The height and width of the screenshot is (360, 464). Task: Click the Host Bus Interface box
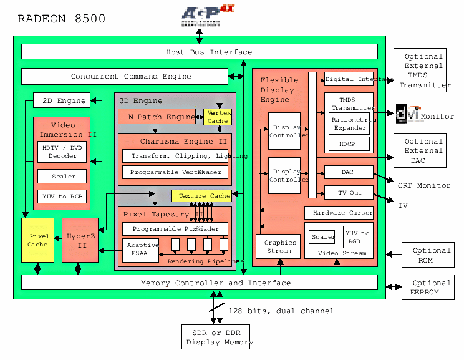click(200, 52)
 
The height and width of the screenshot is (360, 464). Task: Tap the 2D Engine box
click(62, 100)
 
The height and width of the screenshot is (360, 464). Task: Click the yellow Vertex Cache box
click(218, 117)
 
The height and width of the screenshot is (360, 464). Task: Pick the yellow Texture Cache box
click(201, 196)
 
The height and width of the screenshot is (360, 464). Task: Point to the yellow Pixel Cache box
click(38, 240)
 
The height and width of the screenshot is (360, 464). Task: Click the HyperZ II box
click(80, 240)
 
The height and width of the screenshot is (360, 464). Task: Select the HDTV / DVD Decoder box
click(62, 152)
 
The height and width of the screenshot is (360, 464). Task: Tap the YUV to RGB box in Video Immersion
click(62, 197)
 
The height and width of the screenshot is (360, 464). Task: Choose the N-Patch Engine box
click(160, 117)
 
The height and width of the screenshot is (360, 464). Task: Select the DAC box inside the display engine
click(349, 172)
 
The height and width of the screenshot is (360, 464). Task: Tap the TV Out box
click(349, 192)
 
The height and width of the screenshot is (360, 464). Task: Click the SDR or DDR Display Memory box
click(216, 338)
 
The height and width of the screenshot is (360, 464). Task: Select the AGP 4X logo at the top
click(200, 16)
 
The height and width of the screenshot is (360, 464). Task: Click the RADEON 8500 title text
click(61, 19)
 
